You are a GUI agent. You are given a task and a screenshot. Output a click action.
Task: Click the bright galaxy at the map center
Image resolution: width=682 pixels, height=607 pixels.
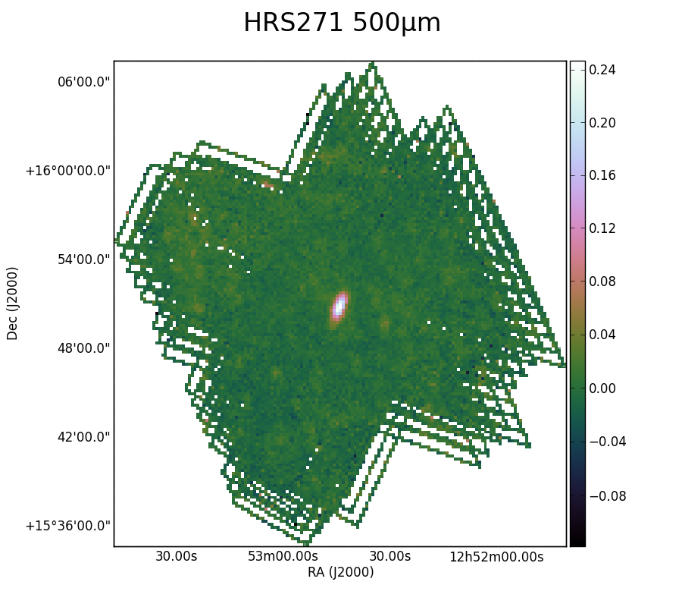pos(339,307)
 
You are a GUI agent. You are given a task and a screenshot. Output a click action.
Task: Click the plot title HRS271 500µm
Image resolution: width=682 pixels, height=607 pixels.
pos(342,23)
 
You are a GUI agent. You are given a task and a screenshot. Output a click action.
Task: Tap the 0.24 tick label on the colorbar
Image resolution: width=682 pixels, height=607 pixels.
pos(602,70)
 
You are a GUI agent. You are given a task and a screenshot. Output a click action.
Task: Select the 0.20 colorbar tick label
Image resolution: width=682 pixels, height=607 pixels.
pos(602,123)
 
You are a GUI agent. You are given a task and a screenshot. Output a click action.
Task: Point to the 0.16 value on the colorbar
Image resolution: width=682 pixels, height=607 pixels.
pos(602,175)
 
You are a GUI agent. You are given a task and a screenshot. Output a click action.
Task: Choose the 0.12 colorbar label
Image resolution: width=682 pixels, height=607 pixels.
pos(602,228)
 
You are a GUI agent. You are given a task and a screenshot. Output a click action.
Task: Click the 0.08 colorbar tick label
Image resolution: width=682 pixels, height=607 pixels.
pos(602,281)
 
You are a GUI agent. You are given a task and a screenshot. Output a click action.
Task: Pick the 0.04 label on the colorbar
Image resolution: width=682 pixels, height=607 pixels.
pos(602,335)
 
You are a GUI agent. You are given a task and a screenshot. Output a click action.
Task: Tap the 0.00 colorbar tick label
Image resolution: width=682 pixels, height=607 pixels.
pos(602,388)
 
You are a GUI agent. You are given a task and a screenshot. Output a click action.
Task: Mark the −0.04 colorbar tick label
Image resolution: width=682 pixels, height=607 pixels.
pos(607,442)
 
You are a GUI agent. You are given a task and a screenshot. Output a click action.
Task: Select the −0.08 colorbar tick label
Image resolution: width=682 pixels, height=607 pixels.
pos(607,496)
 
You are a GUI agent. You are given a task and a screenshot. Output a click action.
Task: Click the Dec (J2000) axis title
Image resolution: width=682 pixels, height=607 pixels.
pos(12,303)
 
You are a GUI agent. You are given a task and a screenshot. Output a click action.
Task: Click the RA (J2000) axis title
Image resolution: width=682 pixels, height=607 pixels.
pos(340,572)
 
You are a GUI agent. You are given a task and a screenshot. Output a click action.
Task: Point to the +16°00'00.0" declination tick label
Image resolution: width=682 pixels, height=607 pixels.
pos(68,171)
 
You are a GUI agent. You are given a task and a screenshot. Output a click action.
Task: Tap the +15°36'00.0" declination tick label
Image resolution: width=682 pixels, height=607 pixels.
pos(68,526)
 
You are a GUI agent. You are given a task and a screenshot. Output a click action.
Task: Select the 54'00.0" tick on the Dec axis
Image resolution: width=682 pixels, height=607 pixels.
pos(84,259)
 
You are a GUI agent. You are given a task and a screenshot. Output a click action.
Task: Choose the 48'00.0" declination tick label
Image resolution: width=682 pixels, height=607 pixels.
pos(84,348)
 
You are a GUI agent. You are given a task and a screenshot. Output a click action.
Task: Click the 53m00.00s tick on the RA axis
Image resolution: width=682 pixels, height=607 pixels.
pos(283,556)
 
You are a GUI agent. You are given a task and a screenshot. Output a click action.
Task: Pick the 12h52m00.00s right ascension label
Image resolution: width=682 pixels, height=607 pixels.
pos(496,556)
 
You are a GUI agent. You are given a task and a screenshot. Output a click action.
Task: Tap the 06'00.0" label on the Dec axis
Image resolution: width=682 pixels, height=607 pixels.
pos(84,82)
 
